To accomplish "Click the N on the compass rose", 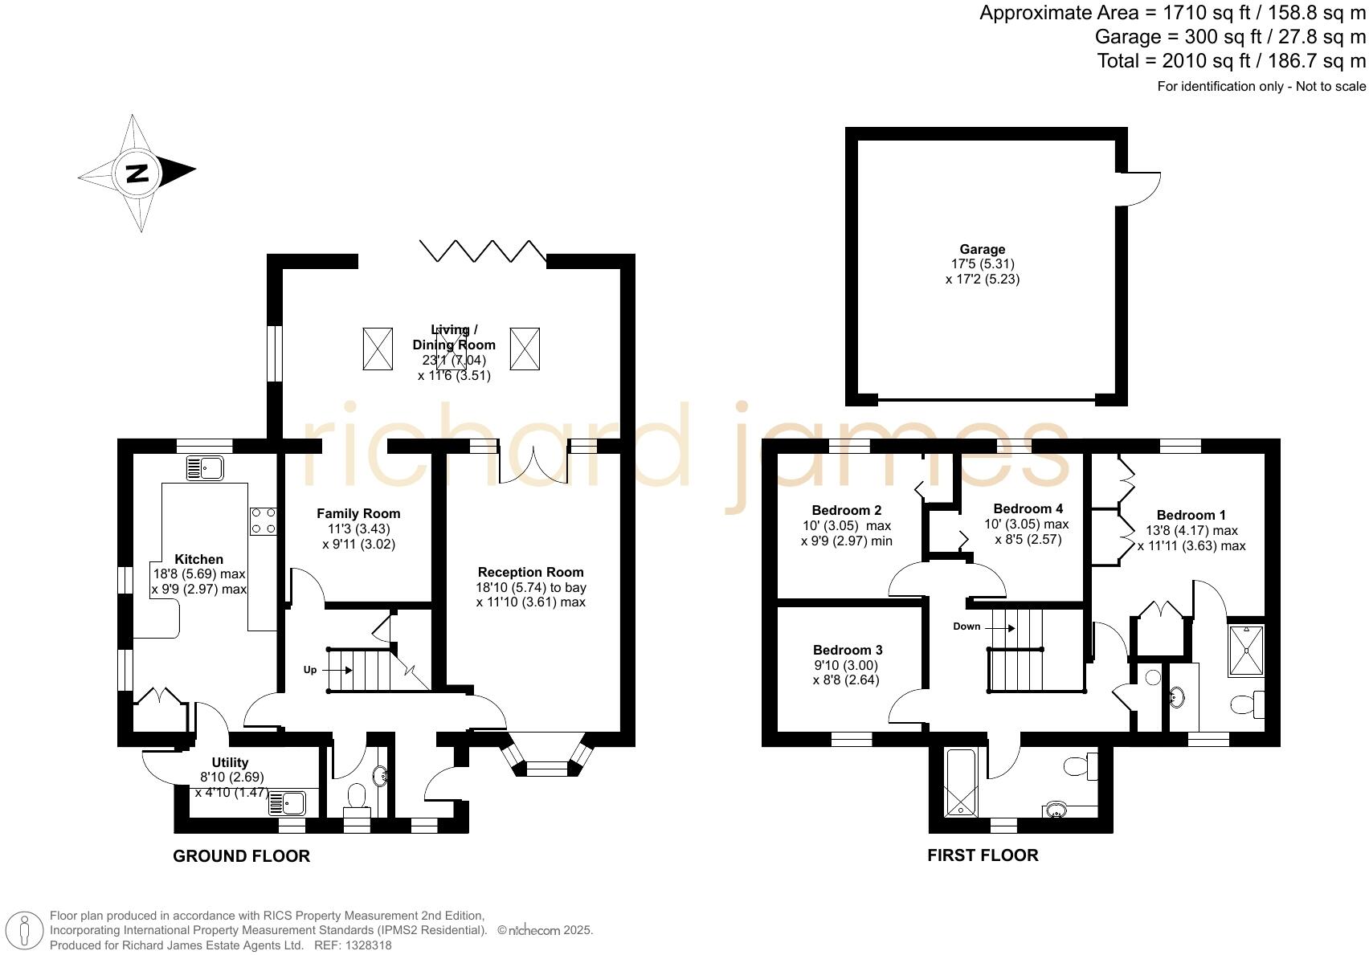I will (138, 173).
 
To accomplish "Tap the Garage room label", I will (982, 250).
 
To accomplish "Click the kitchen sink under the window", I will (205, 467).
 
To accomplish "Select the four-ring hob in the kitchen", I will (263, 520).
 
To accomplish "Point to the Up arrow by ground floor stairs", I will (309, 670).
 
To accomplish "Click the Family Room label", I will (358, 514).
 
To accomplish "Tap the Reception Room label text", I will (530, 573).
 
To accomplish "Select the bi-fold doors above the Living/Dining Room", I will (482, 251).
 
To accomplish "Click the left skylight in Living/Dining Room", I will (378, 349).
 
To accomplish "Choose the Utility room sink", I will (287, 802).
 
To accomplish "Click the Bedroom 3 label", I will (848, 650).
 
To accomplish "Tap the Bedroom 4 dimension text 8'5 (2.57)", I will (1028, 540).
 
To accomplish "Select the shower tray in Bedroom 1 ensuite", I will (1245, 651).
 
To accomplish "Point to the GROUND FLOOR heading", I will (241, 856).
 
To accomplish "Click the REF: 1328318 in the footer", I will (352, 945).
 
